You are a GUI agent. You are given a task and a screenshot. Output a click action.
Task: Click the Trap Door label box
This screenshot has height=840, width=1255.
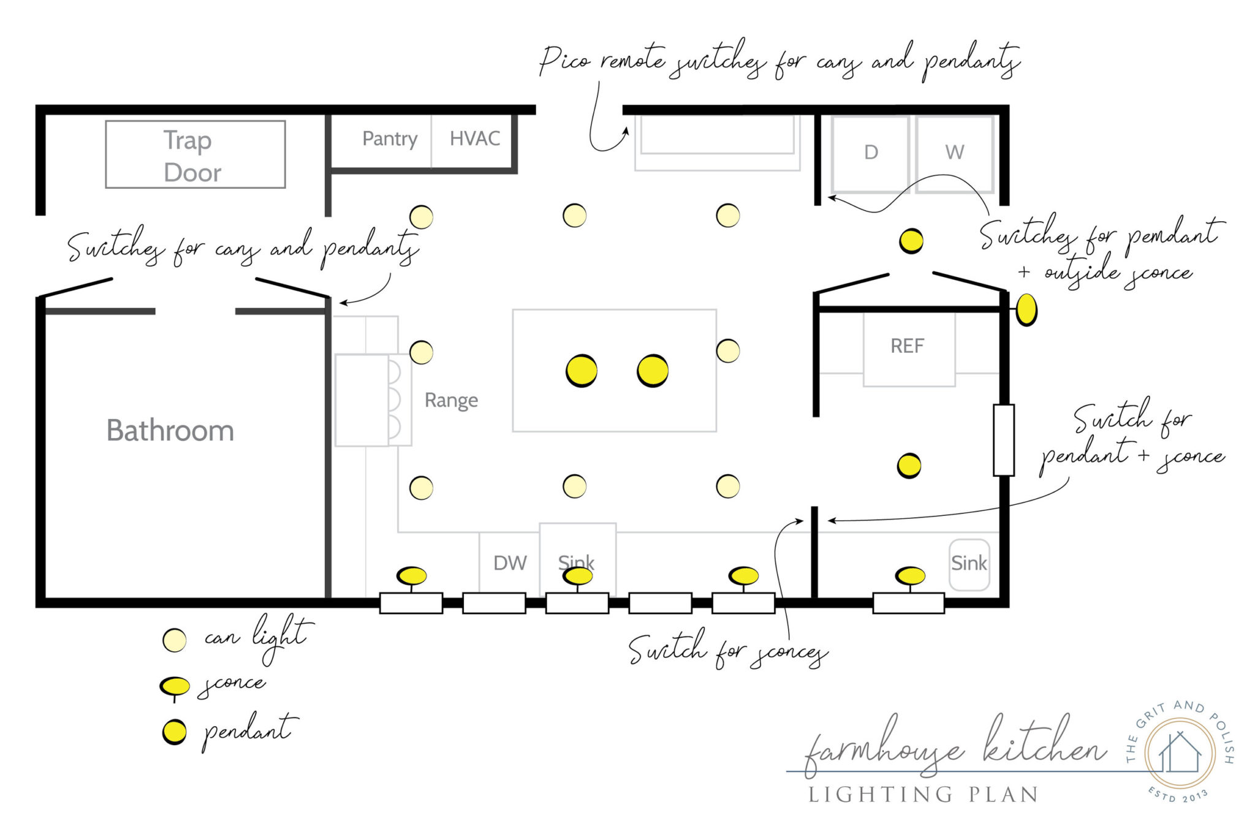click(x=195, y=154)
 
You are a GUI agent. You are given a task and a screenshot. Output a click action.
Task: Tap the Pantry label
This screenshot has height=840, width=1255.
click(x=390, y=138)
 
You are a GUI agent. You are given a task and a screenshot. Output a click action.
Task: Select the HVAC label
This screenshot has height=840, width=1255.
click(x=474, y=138)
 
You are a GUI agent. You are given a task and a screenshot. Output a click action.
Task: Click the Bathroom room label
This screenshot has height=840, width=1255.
click(x=170, y=430)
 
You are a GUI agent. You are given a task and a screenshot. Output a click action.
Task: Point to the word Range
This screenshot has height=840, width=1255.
click(x=451, y=400)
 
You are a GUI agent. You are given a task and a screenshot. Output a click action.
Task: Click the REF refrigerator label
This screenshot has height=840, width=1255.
click(x=907, y=346)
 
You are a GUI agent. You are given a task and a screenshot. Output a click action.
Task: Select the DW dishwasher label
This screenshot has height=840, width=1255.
click(x=510, y=562)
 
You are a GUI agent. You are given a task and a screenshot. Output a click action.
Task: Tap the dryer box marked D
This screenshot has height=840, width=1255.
click(x=871, y=153)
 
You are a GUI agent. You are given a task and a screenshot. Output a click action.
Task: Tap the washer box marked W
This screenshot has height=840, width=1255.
click(x=954, y=153)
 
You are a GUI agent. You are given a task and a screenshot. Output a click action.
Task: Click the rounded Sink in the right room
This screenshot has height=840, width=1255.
click(x=969, y=564)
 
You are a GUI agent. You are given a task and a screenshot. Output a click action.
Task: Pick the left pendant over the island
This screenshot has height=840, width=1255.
click(x=582, y=370)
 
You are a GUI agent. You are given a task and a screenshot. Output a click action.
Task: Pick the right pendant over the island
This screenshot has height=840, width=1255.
click(x=653, y=370)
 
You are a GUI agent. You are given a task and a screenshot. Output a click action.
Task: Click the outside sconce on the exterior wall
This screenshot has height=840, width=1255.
click(x=1026, y=309)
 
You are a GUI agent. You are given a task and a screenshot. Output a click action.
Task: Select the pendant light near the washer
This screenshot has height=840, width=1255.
click(x=911, y=241)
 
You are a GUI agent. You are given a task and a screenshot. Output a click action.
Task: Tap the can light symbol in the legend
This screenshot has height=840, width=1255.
click(x=175, y=640)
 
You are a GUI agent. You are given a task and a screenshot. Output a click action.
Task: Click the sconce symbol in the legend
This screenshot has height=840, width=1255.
click(x=175, y=686)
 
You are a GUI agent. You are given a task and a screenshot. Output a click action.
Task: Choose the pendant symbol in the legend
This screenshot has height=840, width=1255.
click(x=175, y=732)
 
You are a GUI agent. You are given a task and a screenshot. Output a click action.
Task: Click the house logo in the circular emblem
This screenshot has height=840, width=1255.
click(x=1180, y=753)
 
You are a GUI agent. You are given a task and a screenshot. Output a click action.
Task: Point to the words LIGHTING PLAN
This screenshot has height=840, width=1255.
click(x=923, y=795)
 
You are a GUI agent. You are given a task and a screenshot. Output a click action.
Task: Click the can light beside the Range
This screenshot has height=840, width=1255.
click(x=422, y=352)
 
